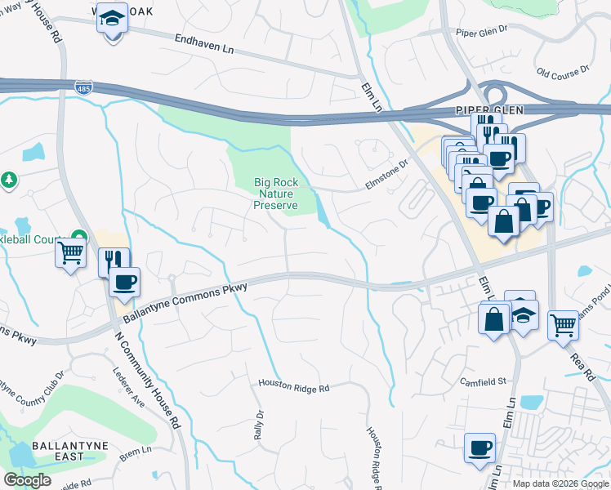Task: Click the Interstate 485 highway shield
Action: [x=84, y=87]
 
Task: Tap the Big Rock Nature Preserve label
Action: [x=274, y=194]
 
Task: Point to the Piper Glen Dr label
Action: [x=482, y=33]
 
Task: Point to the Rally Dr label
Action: [x=259, y=425]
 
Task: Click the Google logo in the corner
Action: [x=27, y=480]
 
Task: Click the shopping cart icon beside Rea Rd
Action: [x=563, y=324]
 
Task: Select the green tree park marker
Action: [x=9, y=180]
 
